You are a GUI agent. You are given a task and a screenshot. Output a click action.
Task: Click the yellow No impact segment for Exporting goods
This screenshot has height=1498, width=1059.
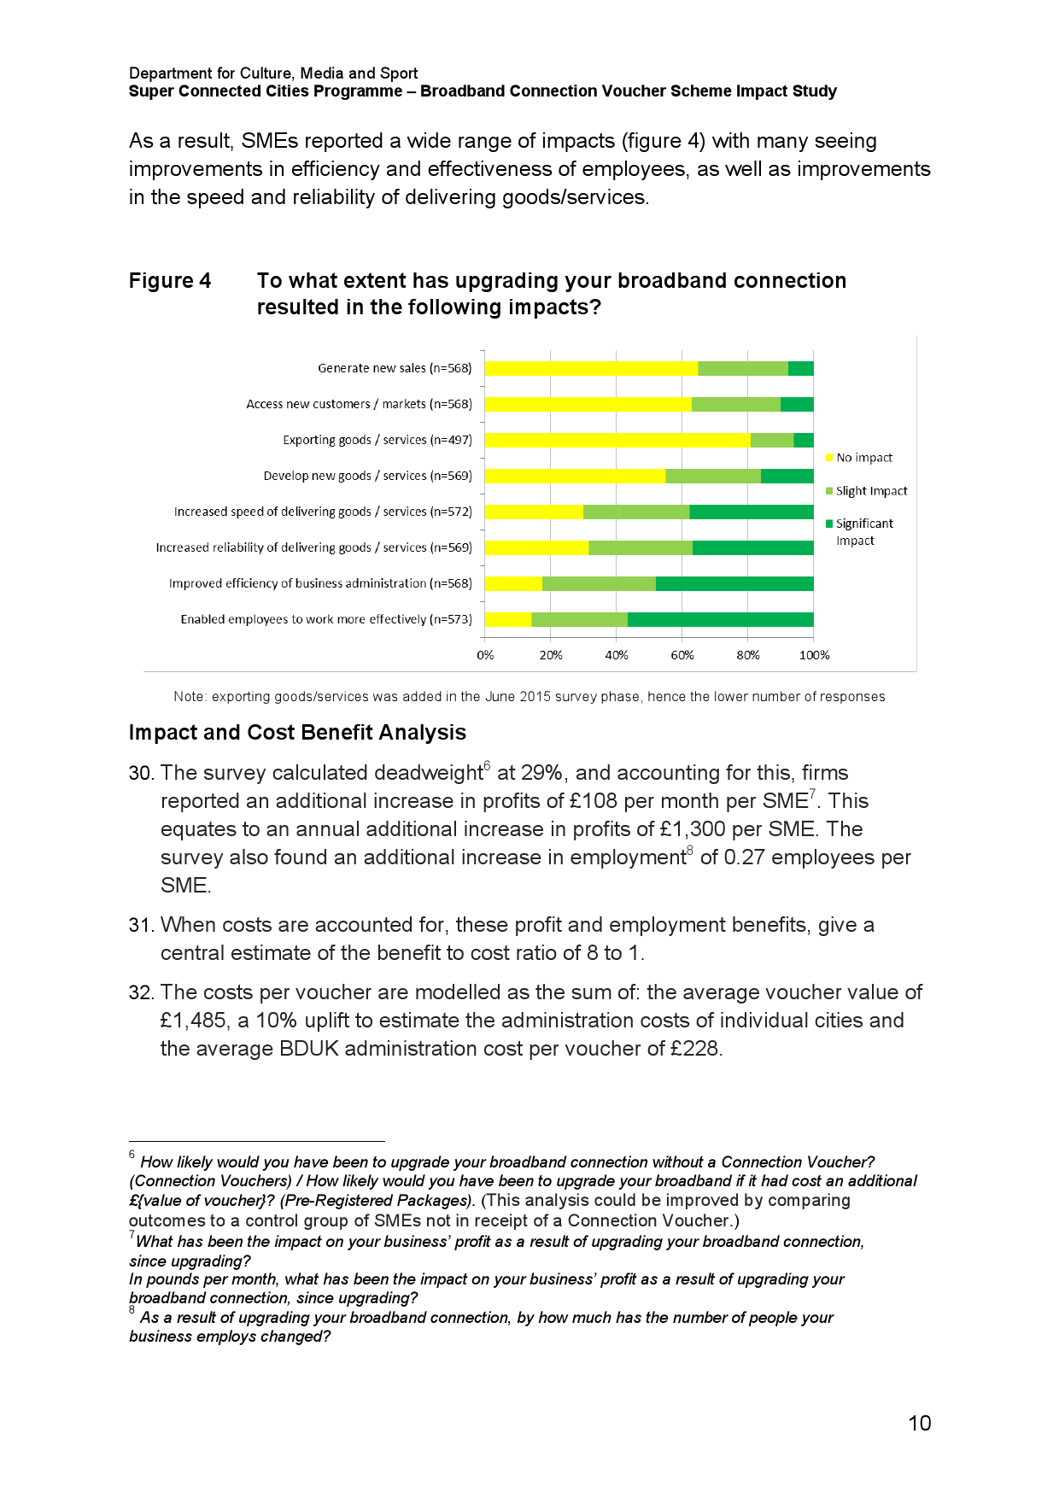(617, 440)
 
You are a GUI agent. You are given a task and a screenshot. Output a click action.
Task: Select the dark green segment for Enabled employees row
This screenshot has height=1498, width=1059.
(720, 619)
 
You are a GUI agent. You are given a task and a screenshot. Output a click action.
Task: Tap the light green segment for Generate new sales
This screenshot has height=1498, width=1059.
(742, 368)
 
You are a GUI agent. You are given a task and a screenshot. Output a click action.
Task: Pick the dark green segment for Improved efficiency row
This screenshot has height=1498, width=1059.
(734, 583)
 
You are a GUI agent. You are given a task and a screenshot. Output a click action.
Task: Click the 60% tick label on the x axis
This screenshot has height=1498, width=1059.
(682, 655)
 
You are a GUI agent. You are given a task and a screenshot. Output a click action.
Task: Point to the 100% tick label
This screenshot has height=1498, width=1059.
(813, 655)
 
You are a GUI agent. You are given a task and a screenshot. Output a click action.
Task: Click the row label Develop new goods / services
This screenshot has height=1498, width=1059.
(367, 476)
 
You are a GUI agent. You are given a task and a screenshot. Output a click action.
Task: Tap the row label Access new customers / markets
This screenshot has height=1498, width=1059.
(359, 404)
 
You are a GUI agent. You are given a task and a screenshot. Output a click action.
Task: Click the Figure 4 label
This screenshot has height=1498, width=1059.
(170, 281)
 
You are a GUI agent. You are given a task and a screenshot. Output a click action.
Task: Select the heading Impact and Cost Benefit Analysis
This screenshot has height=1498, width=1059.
(297, 733)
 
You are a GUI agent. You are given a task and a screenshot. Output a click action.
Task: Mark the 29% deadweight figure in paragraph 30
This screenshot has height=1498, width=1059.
(542, 773)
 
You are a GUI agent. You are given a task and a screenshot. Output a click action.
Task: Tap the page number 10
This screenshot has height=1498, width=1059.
(919, 1423)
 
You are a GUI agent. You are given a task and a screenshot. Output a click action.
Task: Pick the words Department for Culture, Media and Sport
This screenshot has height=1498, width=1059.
(273, 73)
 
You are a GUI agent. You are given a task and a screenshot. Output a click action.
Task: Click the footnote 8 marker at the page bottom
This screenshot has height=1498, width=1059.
(132, 1310)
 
